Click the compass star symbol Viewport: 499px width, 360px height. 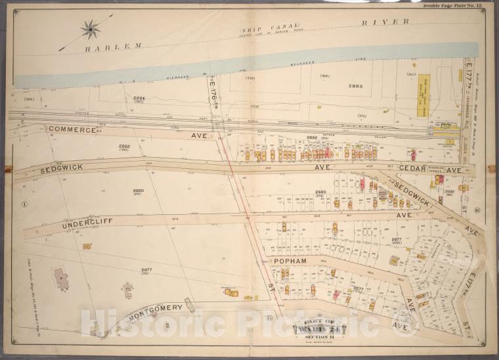(90, 28)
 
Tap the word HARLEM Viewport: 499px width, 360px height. (113, 46)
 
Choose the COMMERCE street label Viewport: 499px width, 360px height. (72, 130)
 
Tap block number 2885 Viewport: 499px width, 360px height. (355, 86)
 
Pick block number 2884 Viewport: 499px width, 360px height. (139, 99)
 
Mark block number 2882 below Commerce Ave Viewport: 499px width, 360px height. (125, 146)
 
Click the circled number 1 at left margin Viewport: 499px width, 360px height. (24, 203)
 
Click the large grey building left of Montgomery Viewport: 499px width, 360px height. (62, 279)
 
